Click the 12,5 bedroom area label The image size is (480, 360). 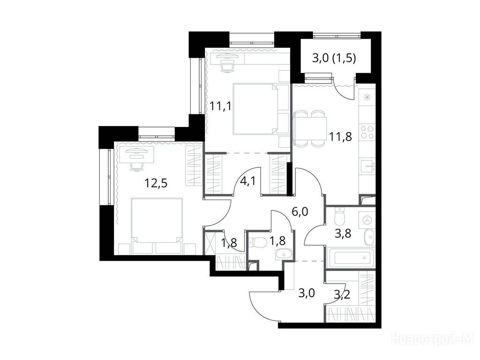click(156, 183)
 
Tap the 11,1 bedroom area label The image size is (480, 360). click(220, 106)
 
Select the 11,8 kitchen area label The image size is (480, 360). click(340, 136)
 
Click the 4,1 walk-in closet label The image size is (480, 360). click(248, 181)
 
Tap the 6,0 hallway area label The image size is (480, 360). click(300, 211)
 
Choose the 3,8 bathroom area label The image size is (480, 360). click(343, 233)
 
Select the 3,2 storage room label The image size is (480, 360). click(342, 294)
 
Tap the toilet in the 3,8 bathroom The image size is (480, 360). click(340, 217)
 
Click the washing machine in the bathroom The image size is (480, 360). click(367, 220)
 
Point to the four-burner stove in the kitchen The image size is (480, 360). click(367, 132)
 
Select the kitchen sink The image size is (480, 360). click(367, 166)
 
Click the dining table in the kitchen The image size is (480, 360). click(310, 128)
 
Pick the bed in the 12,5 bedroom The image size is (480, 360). click(157, 226)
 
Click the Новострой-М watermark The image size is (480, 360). click(433, 339)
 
